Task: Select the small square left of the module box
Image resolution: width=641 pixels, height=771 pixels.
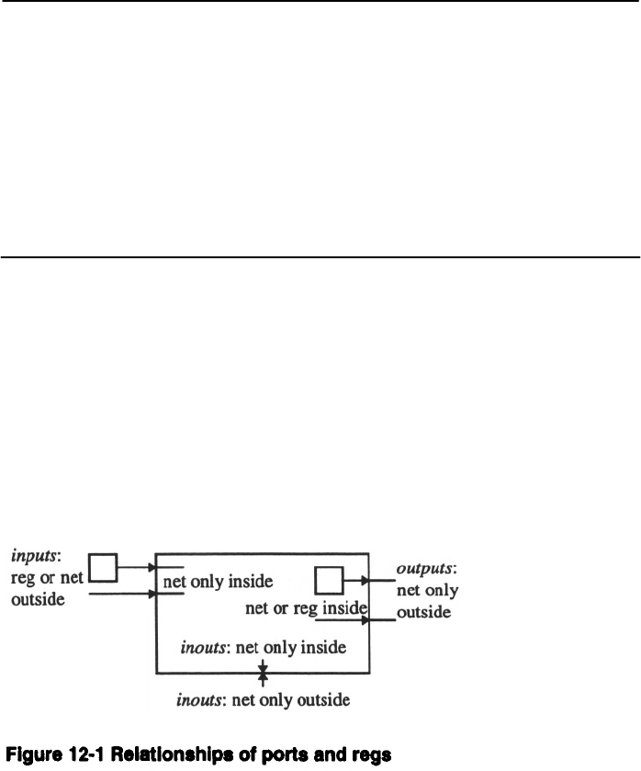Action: [x=103, y=568]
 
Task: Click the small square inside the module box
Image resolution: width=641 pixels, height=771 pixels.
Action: [x=328, y=581]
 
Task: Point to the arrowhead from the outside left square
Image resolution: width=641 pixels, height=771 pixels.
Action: [x=152, y=568]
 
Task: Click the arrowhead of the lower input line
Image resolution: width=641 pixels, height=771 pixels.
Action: [x=152, y=594]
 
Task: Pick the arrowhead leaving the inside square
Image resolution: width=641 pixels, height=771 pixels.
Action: [x=366, y=581]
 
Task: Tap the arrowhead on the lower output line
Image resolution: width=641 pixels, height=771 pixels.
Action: [x=366, y=620]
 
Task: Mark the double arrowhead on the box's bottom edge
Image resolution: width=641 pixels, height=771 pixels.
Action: [x=263, y=674]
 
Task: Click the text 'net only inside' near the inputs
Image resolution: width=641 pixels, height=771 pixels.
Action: [x=218, y=582]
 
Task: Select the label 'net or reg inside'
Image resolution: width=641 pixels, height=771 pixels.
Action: [x=308, y=607]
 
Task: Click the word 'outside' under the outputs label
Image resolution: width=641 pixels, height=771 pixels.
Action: [x=423, y=611]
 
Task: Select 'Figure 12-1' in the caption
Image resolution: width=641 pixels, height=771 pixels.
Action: [x=49, y=755]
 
